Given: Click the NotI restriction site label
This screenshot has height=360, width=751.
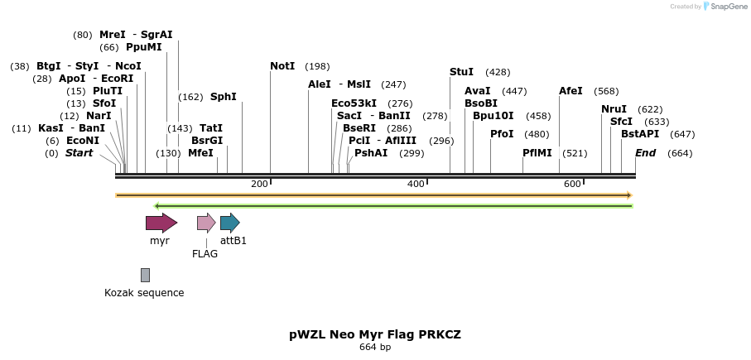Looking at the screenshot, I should click(x=282, y=66).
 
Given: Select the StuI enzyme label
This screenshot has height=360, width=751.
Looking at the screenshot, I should click(x=461, y=72).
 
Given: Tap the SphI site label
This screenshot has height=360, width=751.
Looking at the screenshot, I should click(x=224, y=97).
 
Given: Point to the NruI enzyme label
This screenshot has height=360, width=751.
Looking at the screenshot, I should click(x=614, y=109).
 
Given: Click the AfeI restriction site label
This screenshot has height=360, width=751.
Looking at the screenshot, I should click(x=571, y=91).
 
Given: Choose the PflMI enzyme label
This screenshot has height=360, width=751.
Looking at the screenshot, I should click(x=537, y=153).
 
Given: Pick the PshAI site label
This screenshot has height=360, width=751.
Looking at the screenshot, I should click(x=371, y=153).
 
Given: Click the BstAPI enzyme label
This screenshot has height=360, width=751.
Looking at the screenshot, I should click(x=640, y=134).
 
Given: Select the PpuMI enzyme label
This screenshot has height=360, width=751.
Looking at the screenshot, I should click(x=144, y=47).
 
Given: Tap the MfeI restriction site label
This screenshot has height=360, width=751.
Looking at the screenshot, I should click(x=200, y=153).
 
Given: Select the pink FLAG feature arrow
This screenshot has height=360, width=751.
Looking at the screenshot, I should click(x=206, y=223).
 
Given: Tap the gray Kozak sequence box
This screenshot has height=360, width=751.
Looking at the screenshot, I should click(x=145, y=275).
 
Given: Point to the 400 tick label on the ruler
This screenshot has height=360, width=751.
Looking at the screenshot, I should click(x=416, y=184).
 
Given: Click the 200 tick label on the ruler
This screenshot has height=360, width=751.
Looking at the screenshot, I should click(x=259, y=184).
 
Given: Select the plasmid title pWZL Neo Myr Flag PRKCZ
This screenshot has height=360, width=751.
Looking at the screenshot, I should click(x=375, y=334).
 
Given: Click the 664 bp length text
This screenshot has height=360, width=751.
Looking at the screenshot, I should click(x=375, y=347).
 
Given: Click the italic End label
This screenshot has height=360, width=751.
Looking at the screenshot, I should click(x=646, y=153).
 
